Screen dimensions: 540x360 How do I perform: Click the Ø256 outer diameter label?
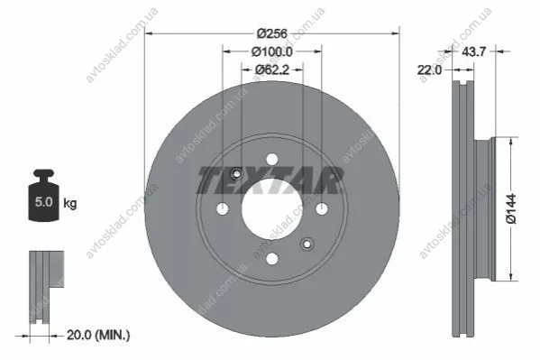(272, 33)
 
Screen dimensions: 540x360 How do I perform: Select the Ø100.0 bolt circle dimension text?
(272, 51)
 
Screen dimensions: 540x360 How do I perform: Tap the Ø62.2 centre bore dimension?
(272, 70)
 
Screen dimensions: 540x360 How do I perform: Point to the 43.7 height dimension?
(473, 51)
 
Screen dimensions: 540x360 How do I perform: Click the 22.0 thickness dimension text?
(429, 70)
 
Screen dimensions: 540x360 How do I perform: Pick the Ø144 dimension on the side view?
(511, 208)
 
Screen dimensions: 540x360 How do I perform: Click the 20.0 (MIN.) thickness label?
(98, 335)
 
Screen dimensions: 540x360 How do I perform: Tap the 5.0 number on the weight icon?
(44, 202)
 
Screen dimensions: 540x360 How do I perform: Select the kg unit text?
(70, 203)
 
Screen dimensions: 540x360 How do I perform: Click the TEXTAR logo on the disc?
(270, 180)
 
